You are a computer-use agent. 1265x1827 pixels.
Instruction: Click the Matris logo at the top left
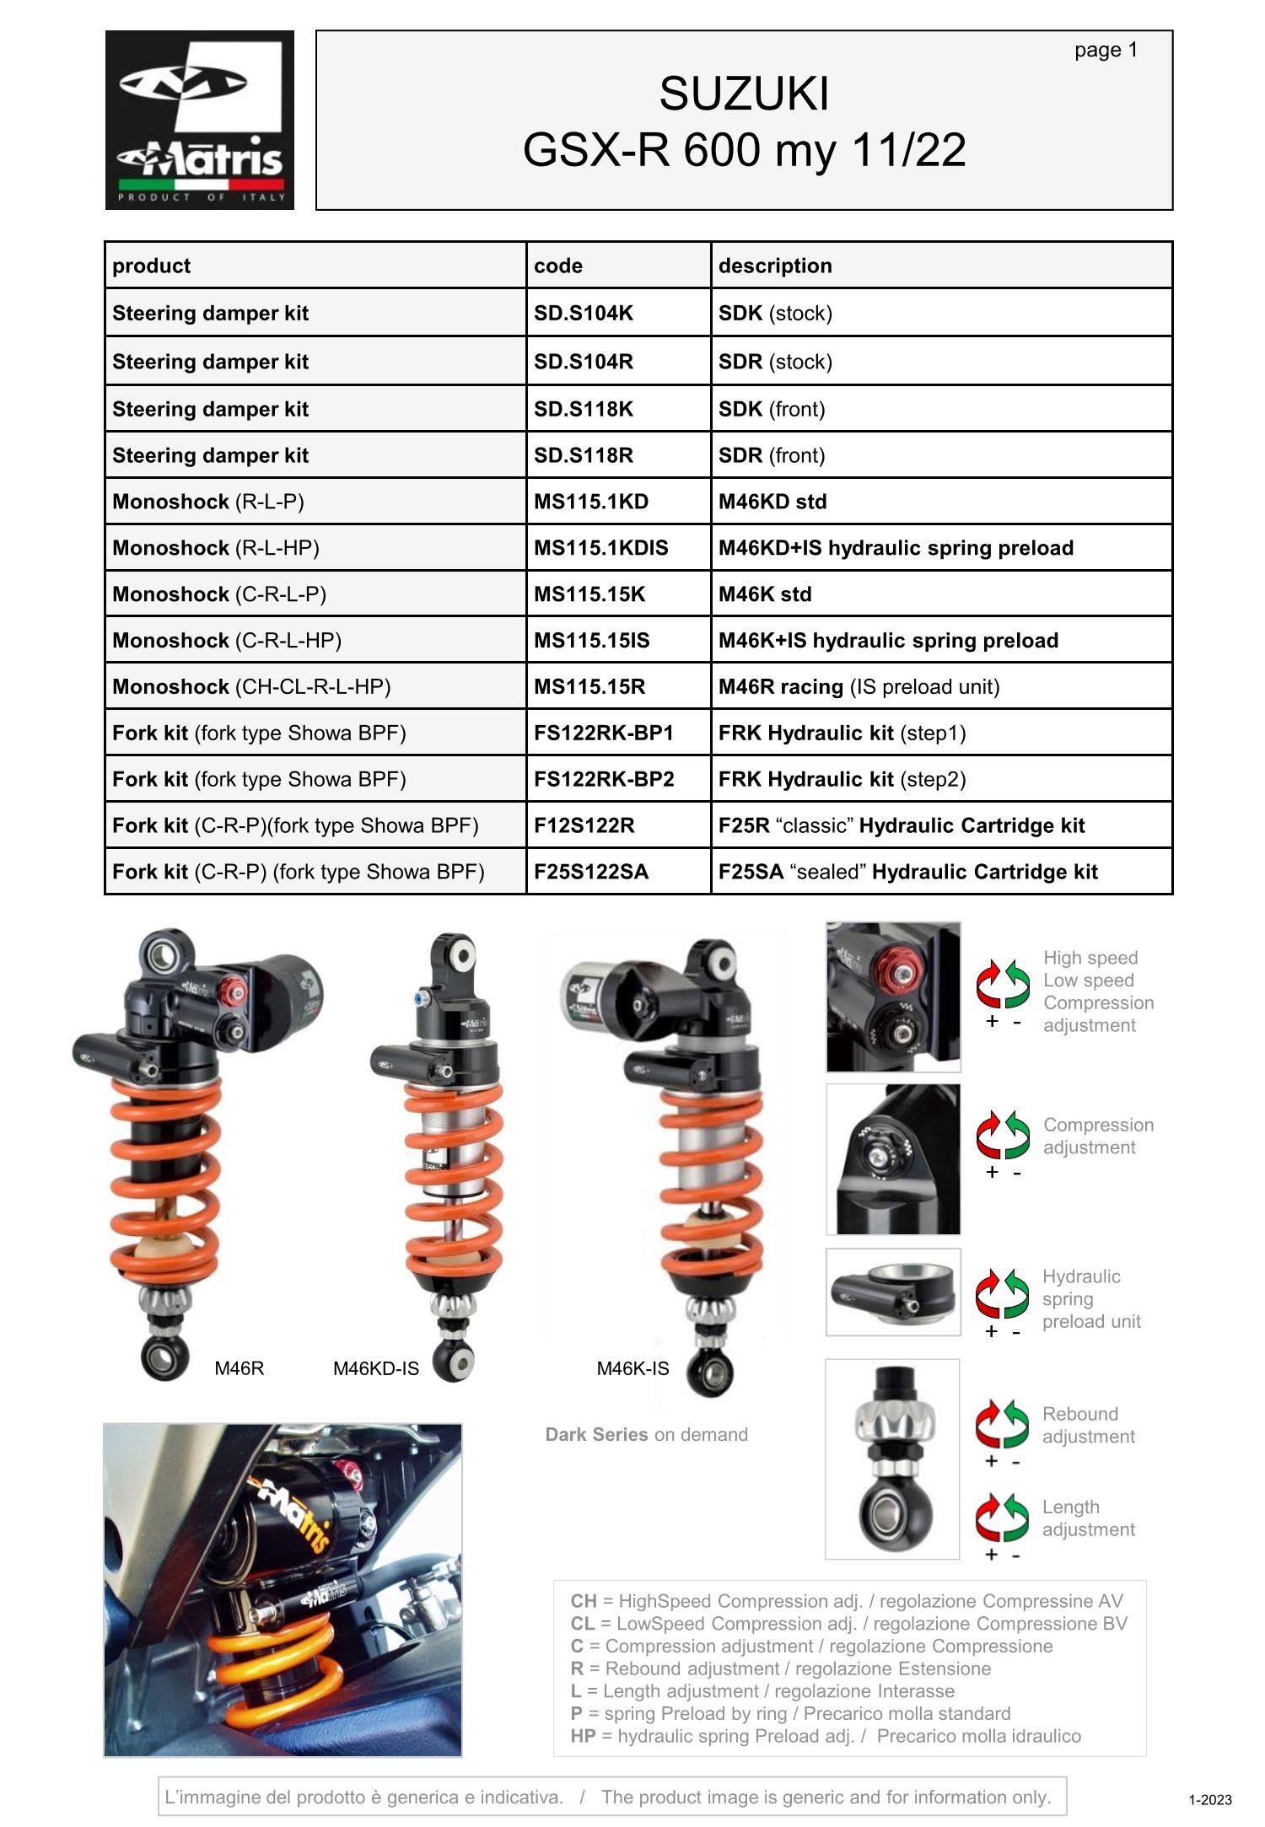point(199,120)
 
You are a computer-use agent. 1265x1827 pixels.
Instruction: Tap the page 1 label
point(1106,51)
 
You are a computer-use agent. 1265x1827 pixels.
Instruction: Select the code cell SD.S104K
point(584,314)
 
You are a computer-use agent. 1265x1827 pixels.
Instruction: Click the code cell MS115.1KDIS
point(600,548)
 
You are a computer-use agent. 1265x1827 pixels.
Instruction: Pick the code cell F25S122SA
point(591,872)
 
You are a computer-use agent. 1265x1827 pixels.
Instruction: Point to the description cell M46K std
point(765,594)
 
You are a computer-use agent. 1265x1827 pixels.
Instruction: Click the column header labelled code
point(558,266)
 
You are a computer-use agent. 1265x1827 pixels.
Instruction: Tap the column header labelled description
point(775,266)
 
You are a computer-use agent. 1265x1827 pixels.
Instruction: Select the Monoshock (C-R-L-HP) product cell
point(227,641)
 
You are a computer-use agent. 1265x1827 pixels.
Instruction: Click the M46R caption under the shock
point(240,1368)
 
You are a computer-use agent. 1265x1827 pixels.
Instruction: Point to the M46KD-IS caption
point(376,1368)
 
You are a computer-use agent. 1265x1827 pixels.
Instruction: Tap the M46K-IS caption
point(632,1368)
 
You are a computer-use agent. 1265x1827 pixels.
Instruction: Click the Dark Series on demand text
point(646,1435)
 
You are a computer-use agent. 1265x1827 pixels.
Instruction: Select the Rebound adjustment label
point(1088,1425)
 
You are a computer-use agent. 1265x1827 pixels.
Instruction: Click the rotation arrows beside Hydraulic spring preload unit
point(1003,1293)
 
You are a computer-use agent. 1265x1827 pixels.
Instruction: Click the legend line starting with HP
point(825,1736)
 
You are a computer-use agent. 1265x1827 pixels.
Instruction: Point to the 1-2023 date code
point(1210,1800)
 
